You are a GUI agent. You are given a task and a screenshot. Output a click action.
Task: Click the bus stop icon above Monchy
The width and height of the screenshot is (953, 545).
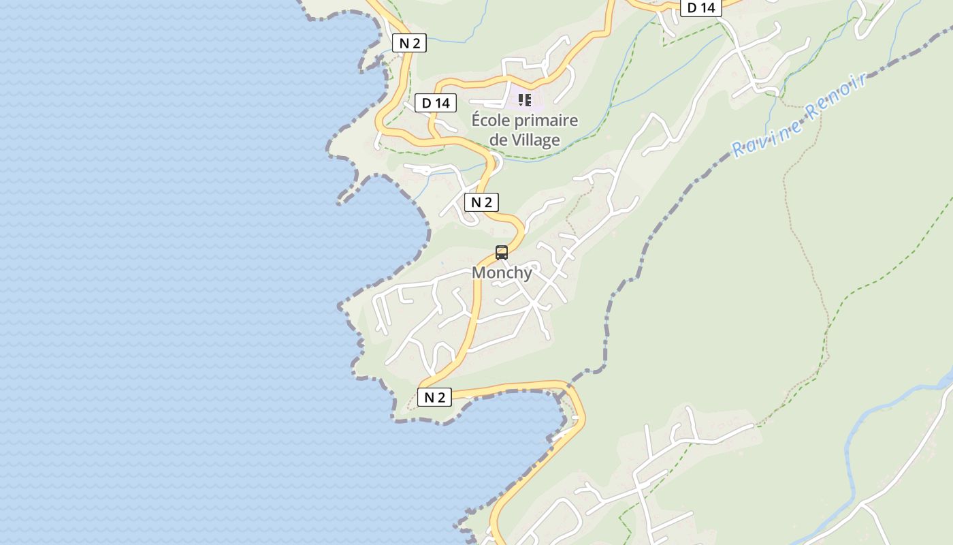[x=502, y=252]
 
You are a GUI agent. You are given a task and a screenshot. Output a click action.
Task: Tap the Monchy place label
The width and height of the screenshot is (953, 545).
[x=502, y=272]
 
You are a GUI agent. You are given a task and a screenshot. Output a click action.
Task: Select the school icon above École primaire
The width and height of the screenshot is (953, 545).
[x=525, y=101]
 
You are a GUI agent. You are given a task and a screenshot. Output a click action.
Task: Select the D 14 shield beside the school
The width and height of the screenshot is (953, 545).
[x=436, y=103]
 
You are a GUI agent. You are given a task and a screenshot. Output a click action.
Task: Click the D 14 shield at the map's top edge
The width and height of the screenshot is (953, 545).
[x=701, y=7]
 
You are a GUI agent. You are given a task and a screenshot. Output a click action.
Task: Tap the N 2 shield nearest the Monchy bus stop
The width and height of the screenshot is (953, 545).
[x=481, y=202]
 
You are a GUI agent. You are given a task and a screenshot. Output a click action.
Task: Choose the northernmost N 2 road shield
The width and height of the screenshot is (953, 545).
[x=409, y=43]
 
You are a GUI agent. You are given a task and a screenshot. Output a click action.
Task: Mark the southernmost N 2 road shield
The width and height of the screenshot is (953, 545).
[x=434, y=397]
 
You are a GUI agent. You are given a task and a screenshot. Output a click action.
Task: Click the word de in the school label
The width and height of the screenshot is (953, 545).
[x=499, y=140]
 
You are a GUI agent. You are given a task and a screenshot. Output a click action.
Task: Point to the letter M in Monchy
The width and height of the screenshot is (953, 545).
[x=479, y=272]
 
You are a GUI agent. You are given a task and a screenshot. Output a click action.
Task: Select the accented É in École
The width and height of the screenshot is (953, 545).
[x=477, y=121]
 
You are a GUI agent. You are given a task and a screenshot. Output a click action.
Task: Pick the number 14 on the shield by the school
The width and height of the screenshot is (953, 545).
[x=443, y=103]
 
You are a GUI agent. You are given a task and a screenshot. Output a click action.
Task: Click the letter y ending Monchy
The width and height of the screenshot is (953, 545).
[x=528, y=274]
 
